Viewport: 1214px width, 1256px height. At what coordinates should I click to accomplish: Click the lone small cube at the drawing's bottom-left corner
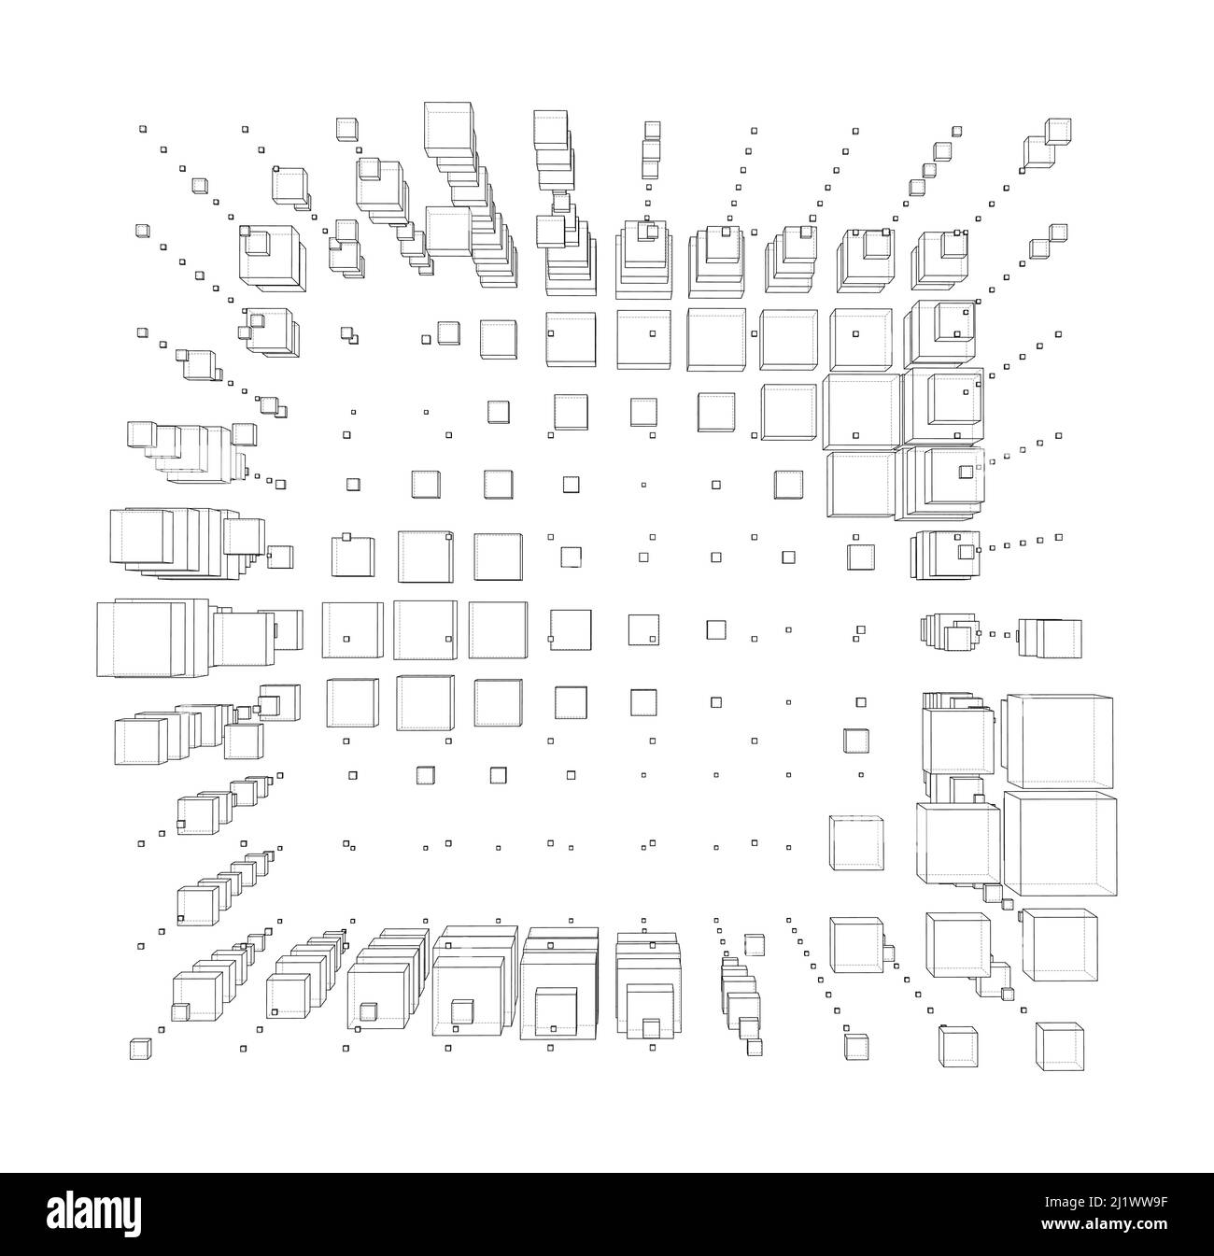[140, 1049]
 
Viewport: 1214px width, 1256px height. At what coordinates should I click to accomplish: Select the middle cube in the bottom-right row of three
[958, 1047]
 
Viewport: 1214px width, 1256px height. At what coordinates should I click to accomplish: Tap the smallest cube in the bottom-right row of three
[855, 1046]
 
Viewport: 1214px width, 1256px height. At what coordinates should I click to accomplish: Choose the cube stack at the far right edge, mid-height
[1051, 639]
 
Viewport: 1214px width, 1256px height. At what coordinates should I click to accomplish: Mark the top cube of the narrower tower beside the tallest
[550, 128]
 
